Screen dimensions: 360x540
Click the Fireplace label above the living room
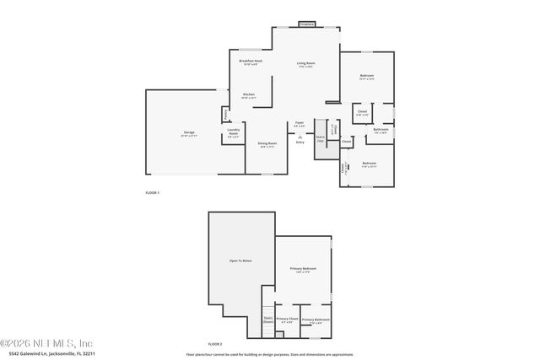pos(306,24)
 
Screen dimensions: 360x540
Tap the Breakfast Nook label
pos(251,62)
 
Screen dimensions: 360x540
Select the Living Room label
pos(305,64)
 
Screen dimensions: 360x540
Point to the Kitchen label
pos(249,94)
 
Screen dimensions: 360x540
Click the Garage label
pos(190,133)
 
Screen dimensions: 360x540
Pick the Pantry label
pos(225,114)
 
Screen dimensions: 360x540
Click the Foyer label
pos(300,123)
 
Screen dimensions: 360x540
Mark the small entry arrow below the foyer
pos(300,136)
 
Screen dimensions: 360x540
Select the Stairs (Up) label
pos(320,137)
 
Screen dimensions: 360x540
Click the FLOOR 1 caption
pos(152,193)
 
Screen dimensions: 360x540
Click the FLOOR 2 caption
pos(215,344)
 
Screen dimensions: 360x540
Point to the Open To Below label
pos(241,261)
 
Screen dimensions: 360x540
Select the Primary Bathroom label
pos(316,320)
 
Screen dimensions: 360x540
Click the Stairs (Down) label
pos(267,320)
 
